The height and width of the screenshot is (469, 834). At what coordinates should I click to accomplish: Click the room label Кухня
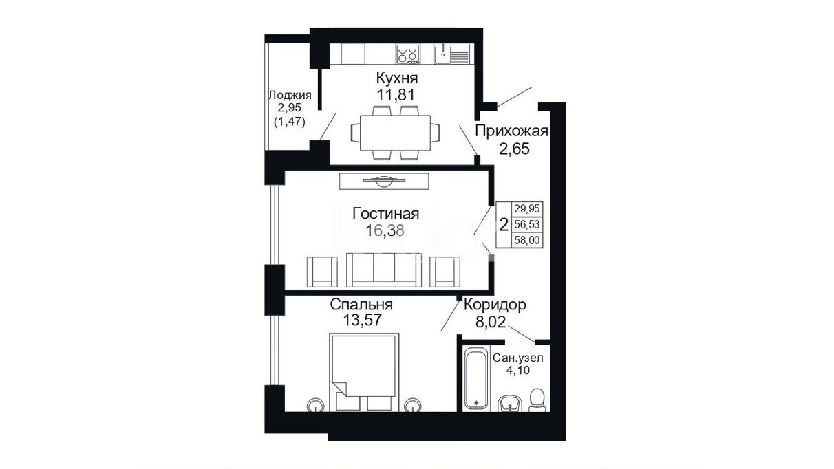(397, 78)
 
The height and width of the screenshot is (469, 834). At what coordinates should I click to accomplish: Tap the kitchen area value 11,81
(396, 96)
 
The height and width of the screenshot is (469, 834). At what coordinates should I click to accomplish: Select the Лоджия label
(290, 96)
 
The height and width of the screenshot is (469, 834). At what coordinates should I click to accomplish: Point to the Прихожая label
(511, 131)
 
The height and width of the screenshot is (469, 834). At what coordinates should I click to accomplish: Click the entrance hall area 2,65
(514, 149)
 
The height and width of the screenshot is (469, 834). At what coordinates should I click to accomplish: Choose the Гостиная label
(386, 214)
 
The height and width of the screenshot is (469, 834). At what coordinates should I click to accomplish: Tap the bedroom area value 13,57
(362, 320)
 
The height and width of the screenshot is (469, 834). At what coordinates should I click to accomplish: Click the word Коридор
(495, 305)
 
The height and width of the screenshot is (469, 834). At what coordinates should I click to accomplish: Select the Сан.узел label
(518, 358)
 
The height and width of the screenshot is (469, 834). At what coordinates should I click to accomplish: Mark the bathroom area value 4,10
(518, 370)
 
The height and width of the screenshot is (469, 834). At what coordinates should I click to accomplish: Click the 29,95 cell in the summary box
(527, 209)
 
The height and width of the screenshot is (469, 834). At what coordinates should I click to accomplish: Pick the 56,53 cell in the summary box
(527, 224)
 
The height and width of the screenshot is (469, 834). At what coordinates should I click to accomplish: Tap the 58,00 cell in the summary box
(527, 240)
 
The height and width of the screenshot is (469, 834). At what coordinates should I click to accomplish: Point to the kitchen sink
(451, 54)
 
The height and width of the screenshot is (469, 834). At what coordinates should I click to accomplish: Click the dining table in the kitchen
(395, 133)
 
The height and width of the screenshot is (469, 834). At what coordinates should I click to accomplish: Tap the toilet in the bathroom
(537, 400)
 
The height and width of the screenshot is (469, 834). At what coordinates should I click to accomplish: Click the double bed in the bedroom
(364, 372)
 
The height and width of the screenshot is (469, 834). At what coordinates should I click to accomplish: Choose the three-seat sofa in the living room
(384, 270)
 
